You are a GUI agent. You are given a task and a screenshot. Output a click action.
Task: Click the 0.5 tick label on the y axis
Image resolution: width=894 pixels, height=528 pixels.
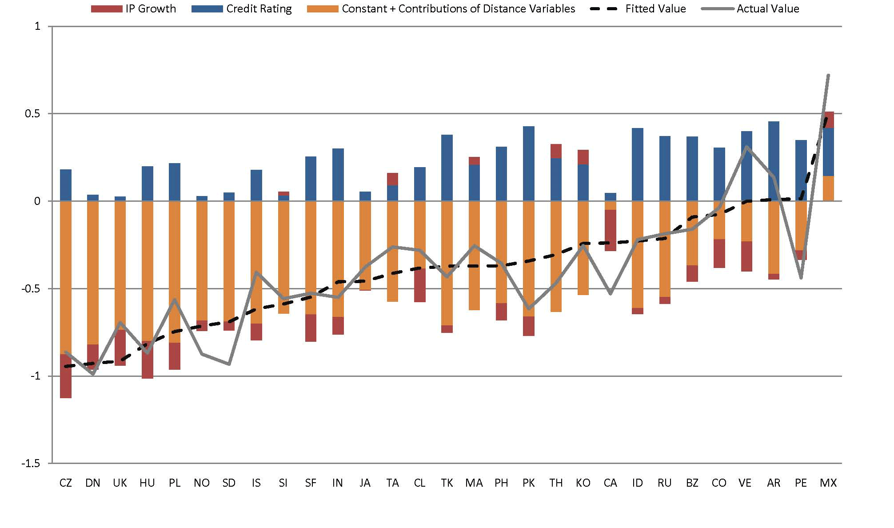coord(32,114)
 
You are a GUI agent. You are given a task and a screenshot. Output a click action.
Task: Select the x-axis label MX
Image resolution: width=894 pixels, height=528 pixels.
coord(828,483)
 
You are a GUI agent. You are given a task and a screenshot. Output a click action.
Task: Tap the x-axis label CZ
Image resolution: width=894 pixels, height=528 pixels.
coord(65,483)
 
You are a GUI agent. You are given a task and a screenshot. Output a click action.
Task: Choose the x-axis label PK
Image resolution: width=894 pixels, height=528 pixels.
coord(528,483)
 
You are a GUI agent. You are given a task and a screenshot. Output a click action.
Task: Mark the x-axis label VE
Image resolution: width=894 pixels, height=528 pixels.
coord(745,483)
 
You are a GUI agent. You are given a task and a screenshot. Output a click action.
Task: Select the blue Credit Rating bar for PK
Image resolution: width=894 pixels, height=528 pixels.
coord(528,164)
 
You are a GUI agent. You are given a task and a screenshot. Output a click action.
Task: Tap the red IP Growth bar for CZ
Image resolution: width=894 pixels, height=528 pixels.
coord(66,376)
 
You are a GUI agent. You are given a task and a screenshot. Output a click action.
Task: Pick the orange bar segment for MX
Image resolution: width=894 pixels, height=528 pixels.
coord(828,188)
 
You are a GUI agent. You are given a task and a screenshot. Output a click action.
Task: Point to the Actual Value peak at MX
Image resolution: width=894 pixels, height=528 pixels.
coord(828,75)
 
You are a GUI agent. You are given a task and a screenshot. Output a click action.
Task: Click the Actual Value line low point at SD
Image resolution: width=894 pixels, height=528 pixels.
coord(229,364)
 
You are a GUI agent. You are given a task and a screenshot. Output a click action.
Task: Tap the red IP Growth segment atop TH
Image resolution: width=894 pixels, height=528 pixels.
coord(555,151)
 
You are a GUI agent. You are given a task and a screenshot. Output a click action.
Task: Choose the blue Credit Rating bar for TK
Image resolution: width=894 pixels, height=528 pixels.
coord(447,168)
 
